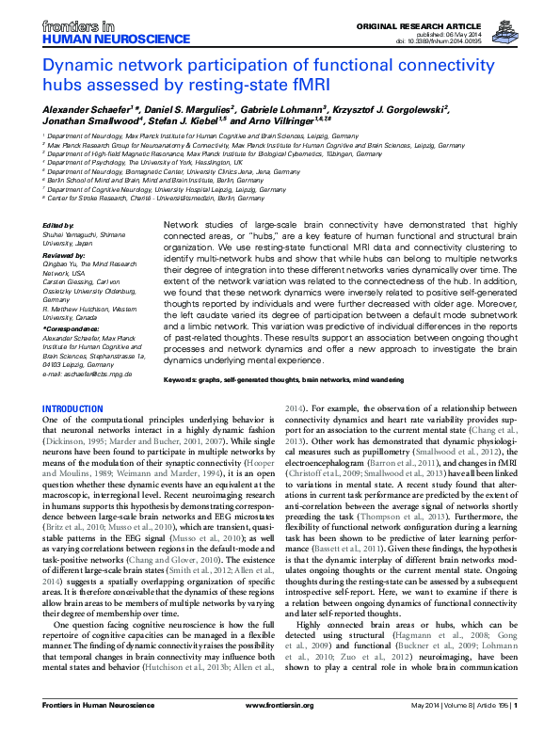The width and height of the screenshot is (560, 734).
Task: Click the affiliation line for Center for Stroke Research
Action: click(141, 199)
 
